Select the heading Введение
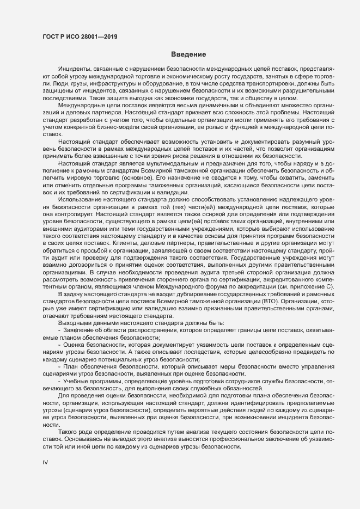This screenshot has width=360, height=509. [x=188, y=54]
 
